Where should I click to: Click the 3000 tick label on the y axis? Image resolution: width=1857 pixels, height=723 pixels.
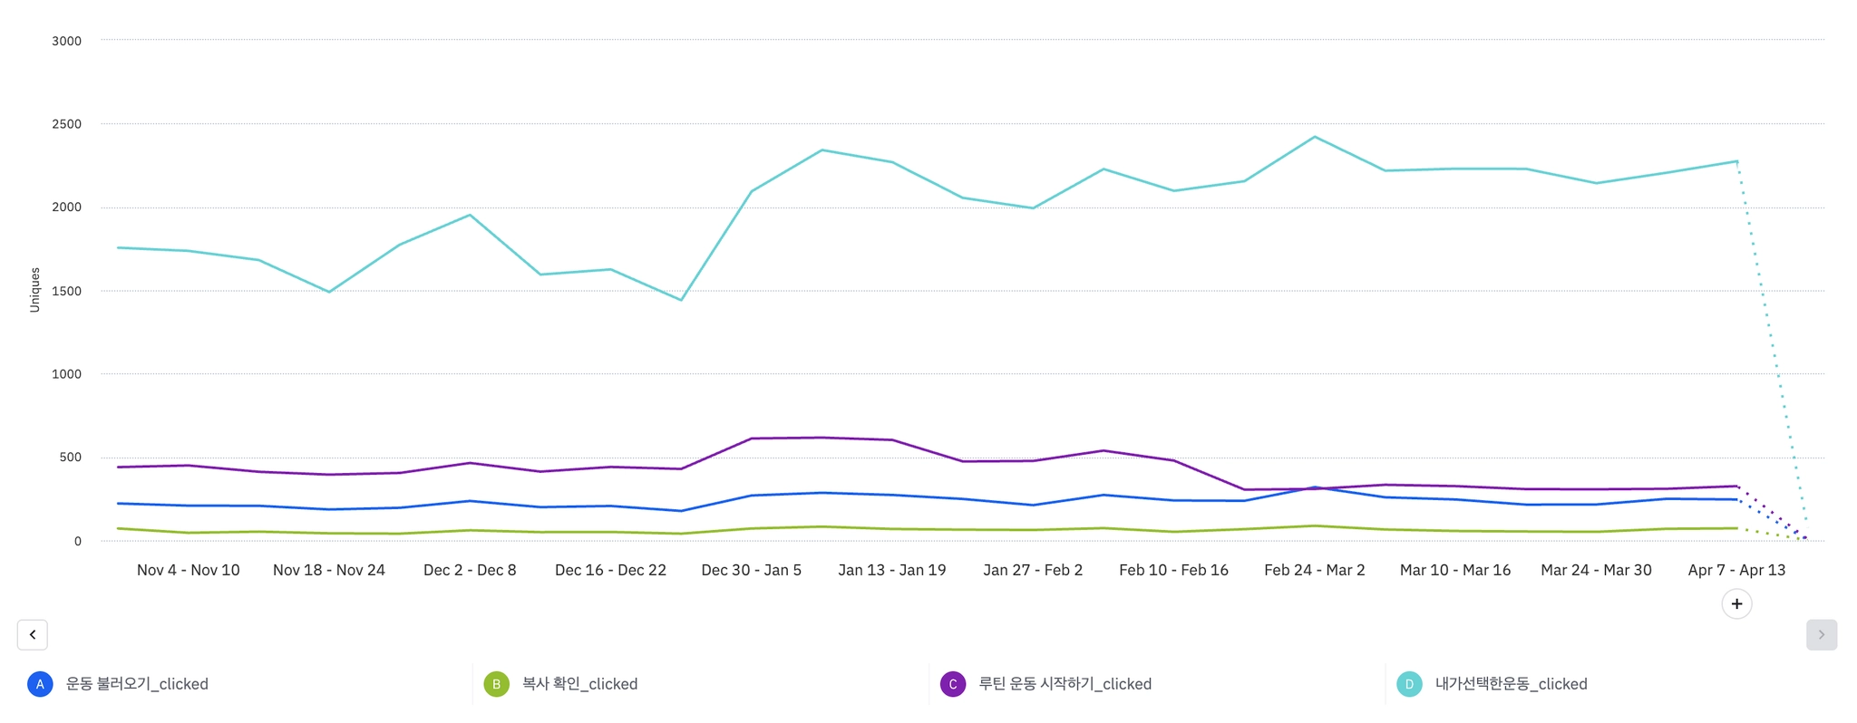point(66,41)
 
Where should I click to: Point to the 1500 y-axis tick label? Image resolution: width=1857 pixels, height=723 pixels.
point(66,291)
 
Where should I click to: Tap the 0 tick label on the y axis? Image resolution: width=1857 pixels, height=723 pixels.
point(78,541)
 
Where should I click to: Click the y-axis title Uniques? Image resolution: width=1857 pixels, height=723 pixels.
point(35,290)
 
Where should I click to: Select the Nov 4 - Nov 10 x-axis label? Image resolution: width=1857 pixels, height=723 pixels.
point(189,570)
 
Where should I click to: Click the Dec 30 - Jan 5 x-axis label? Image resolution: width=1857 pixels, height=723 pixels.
point(752,570)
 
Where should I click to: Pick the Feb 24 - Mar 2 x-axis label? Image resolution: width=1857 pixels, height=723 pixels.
point(1315,570)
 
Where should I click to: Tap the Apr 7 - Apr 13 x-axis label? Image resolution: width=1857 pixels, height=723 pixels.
point(1736,570)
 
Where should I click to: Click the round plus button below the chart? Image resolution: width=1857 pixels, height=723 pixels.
point(1736,604)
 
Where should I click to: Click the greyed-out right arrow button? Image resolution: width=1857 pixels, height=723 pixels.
point(1822,635)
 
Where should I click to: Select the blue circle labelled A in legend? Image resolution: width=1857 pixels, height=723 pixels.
point(40,684)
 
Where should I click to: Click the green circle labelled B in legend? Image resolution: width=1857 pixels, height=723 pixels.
point(496,684)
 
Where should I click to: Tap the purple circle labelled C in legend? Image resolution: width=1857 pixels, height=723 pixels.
point(953,684)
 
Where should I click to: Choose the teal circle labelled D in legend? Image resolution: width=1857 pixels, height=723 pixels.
point(1409,684)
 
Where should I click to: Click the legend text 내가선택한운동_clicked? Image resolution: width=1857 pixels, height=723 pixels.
point(1511,684)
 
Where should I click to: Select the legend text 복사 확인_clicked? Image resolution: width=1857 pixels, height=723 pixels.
point(579,684)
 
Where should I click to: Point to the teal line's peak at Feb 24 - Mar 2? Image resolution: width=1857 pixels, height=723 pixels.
point(1315,137)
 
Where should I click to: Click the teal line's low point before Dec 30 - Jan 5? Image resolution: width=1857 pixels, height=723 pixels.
point(681,300)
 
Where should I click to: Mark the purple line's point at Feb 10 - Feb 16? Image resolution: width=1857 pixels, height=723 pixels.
point(1174,460)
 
